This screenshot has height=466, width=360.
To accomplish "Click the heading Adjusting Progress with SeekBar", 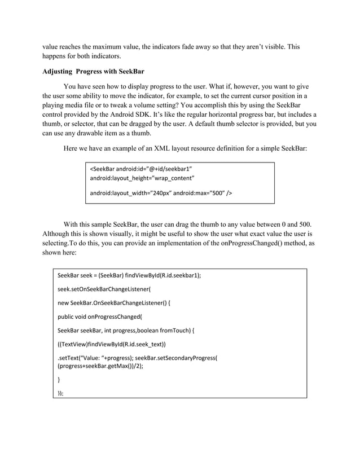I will [94, 72].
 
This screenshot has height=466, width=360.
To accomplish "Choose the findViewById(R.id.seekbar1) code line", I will [129, 276].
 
